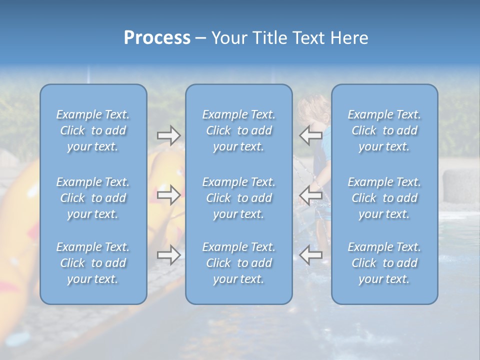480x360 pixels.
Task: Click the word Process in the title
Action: pos(157,38)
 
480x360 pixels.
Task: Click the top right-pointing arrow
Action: pos(168,135)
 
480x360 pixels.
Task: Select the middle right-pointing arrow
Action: pos(168,195)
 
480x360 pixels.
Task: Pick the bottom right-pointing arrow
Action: pos(168,255)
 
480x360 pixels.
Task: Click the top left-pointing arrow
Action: pos(310,135)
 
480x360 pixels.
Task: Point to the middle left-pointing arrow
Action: pos(310,195)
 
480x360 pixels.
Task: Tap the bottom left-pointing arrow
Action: pos(310,255)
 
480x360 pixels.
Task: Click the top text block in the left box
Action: pos(93,130)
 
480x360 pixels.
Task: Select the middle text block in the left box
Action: pos(93,198)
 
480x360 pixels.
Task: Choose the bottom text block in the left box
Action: pos(93,263)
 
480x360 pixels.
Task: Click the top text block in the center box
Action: pos(239,130)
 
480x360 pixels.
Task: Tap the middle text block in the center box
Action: pos(239,198)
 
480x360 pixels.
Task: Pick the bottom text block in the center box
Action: pos(239,263)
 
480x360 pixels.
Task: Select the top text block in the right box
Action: pos(384,130)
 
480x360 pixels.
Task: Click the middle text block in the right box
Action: pos(384,198)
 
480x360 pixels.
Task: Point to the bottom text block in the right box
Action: pos(384,263)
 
